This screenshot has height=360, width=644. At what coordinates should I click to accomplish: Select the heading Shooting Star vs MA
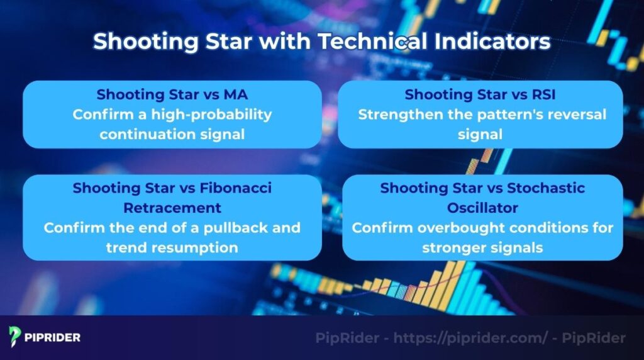coord(172,95)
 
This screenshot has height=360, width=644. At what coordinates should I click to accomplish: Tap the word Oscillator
coord(482,208)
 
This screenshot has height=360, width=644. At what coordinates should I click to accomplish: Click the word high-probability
coord(213,115)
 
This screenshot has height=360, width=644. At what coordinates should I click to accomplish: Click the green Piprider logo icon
coord(14,337)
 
